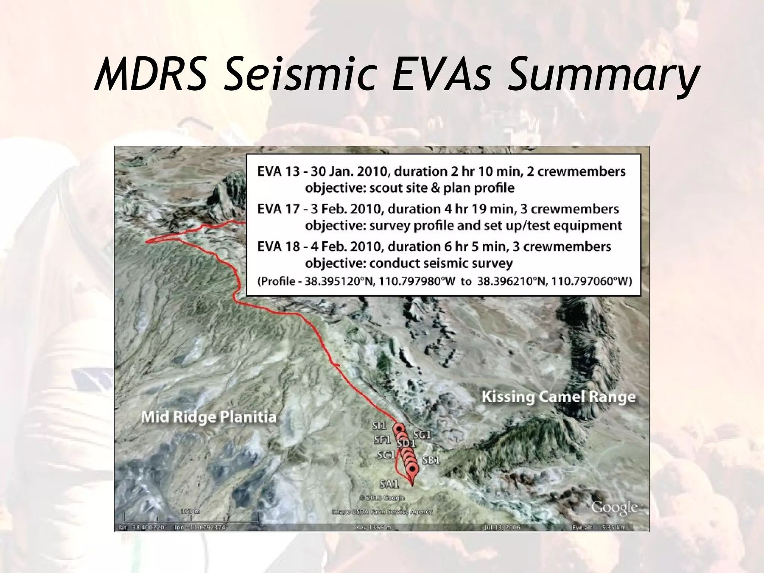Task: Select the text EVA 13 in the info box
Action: click(x=278, y=172)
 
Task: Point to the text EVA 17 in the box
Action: click(x=278, y=209)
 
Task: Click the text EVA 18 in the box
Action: click(x=278, y=247)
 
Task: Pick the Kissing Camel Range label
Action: click(x=558, y=397)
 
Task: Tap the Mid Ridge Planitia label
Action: click(x=209, y=417)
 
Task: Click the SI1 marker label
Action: click(x=379, y=426)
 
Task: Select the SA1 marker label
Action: click(x=389, y=484)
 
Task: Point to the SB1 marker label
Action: click(x=431, y=461)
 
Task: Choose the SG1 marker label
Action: click(x=422, y=435)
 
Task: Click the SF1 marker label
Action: click(x=382, y=440)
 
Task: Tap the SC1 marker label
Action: click(x=385, y=455)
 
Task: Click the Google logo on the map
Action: click(x=614, y=508)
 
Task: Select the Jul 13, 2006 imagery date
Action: click(x=501, y=527)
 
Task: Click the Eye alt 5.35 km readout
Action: click(x=598, y=527)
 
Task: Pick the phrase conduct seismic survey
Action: click(x=441, y=263)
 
